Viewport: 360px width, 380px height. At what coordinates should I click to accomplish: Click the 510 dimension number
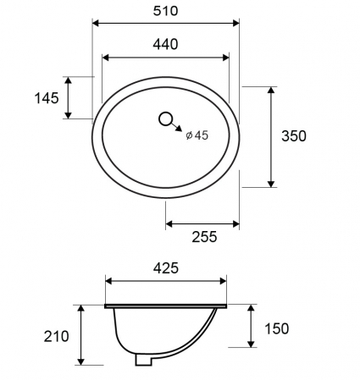(x=165, y=11)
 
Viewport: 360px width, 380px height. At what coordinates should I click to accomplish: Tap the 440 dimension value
(x=165, y=45)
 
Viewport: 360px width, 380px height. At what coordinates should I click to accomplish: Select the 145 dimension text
(x=47, y=98)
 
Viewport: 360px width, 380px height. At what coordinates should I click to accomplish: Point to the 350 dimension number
(x=294, y=136)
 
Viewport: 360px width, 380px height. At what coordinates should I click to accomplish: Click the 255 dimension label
(x=204, y=237)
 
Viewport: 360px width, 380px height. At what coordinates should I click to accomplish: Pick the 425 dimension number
(x=166, y=268)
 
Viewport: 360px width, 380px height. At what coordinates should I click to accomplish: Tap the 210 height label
(x=56, y=336)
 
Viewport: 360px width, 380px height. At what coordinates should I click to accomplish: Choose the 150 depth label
(x=277, y=328)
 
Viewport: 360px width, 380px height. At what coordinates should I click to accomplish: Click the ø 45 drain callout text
(x=197, y=135)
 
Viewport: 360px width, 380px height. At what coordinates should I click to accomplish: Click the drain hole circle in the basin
(x=165, y=119)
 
